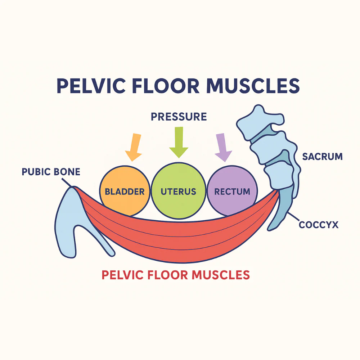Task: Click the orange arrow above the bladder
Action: tap(134, 147)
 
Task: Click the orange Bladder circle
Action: tap(124, 192)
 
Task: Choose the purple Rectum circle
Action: tap(232, 191)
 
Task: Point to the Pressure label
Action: tap(179, 117)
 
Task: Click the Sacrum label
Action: tap(322, 157)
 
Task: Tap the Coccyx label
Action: tap(319, 225)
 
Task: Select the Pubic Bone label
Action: tap(51, 171)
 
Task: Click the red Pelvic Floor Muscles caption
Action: tap(175, 275)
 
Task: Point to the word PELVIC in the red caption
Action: tap(123, 275)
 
